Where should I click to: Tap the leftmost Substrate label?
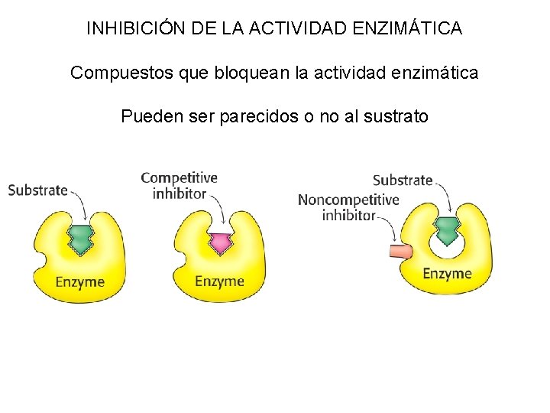click(38, 190)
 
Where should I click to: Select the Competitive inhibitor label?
click(180, 186)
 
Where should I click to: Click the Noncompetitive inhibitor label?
click(348, 207)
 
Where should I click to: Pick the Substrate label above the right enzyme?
click(403, 180)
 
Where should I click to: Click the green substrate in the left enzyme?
click(79, 239)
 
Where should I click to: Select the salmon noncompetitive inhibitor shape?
click(400, 252)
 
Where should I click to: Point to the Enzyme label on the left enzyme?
click(79, 282)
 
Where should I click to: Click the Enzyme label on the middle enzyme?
click(219, 281)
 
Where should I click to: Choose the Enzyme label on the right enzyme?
click(447, 274)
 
